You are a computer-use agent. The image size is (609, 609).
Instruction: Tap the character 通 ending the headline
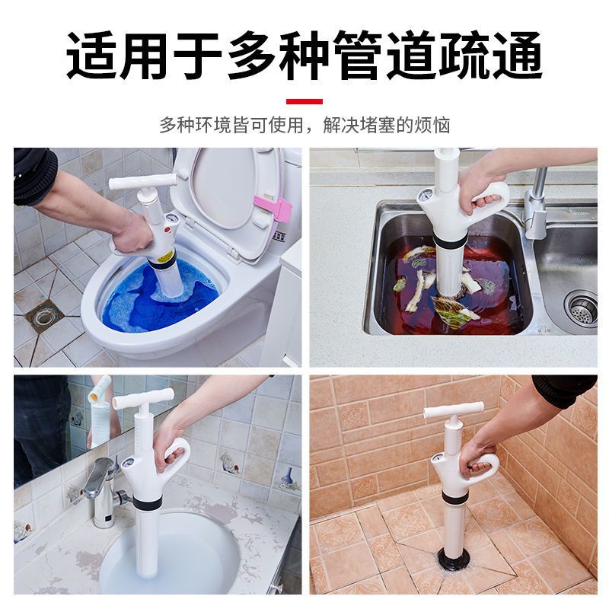click(516, 55)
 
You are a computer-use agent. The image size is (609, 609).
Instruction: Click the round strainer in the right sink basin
click(580, 307)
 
